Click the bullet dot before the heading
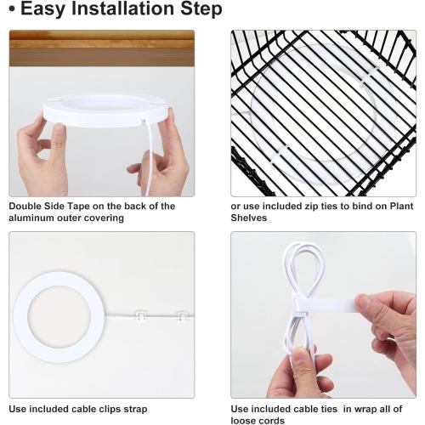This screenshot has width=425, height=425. click(x=12, y=8)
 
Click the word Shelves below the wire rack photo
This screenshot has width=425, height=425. click(x=248, y=218)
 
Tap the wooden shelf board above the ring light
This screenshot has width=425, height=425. click(x=102, y=48)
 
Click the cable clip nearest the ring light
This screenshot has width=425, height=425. click(x=141, y=315)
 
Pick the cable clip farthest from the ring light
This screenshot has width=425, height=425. click(x=182, y=316)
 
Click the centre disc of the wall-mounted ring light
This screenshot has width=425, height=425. click(x=59, y=316)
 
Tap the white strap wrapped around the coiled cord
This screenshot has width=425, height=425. click(x=325, y=305)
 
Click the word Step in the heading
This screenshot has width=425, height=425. click(x=201, y=9)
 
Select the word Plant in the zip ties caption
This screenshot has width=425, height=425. click(x=401, y=206)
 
